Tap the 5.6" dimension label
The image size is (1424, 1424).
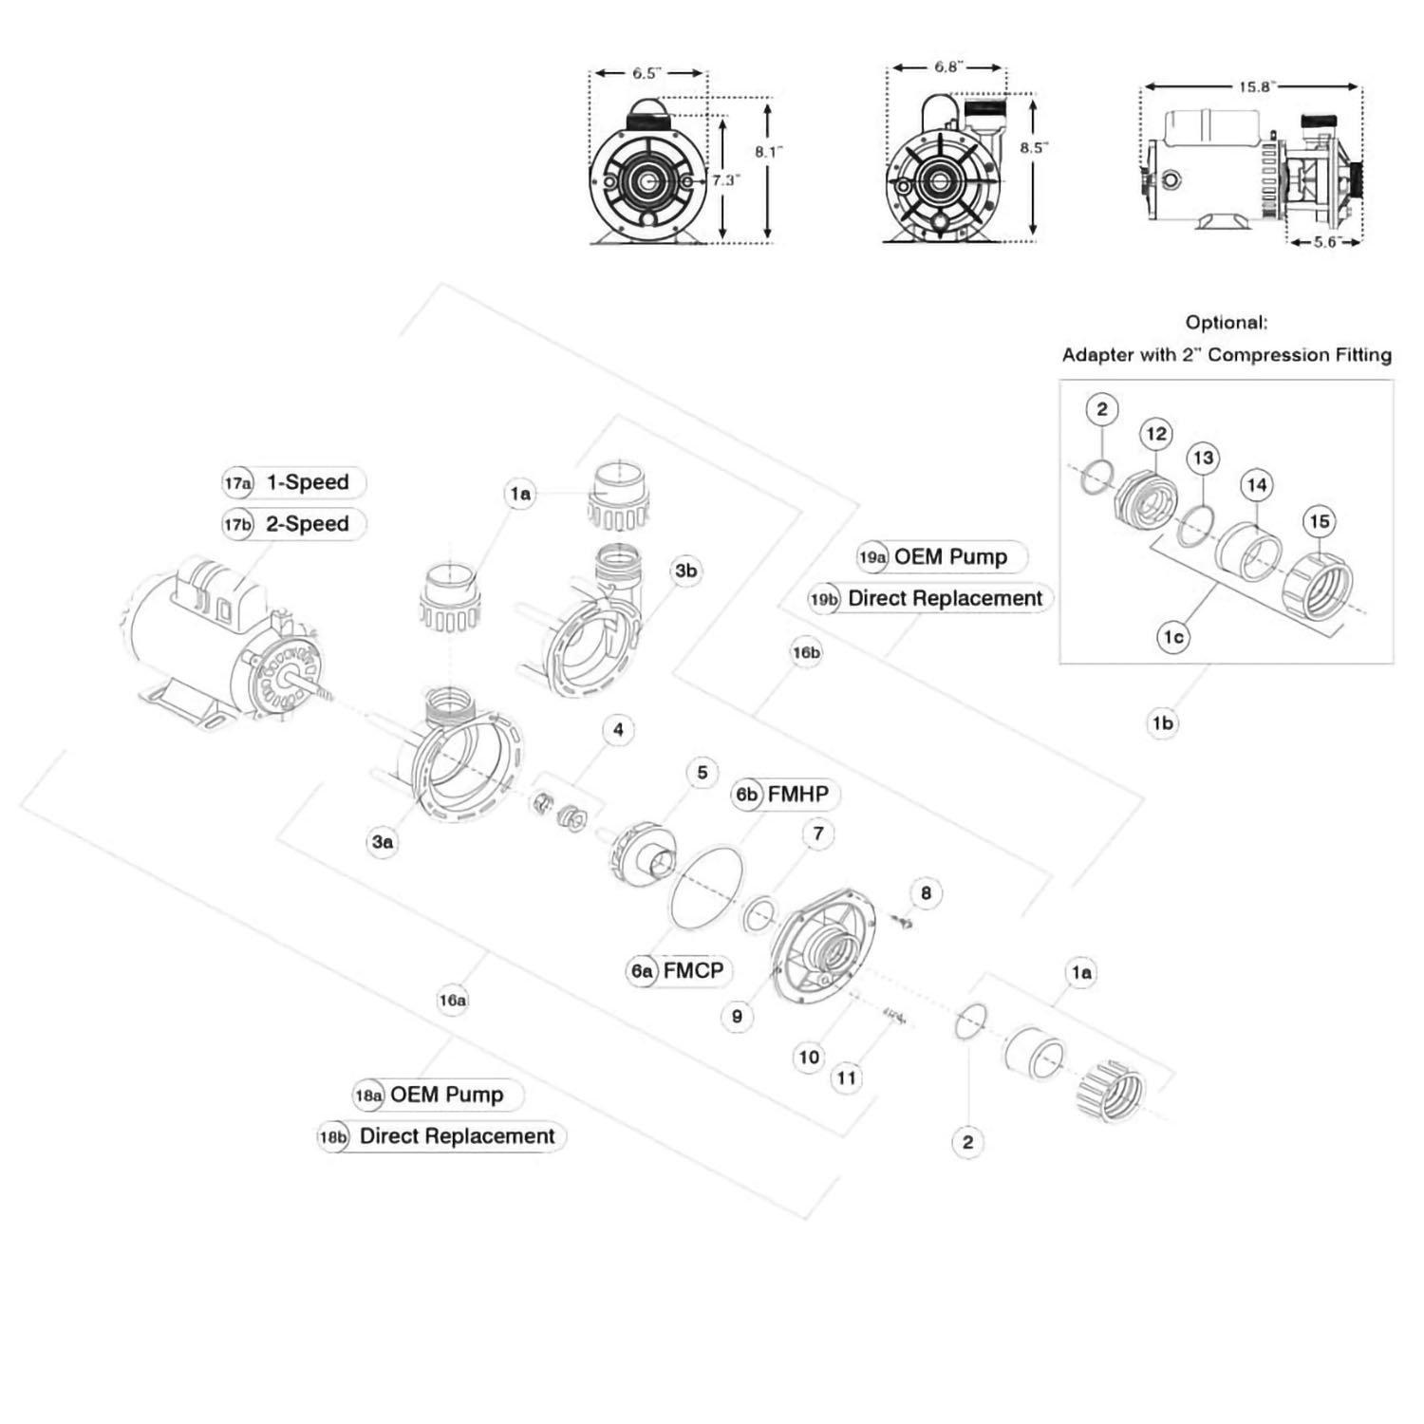click(1324, 242)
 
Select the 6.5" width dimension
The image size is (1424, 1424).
click(646, 73)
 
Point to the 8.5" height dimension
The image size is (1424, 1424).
click(1034, 148)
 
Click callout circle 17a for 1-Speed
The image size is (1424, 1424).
click(237, 483)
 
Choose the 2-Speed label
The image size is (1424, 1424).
click(307, 524)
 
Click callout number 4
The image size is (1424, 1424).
click(618, 730)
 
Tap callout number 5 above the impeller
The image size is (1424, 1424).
click(702, 773)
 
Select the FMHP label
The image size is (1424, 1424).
click(797, 794)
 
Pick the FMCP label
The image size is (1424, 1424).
click(693, 970)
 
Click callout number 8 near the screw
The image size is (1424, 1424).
click(926, 892)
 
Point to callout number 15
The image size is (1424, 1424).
click(1319, 521)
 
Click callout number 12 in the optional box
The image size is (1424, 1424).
click(1155, 435)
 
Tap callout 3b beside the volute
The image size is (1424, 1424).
click(685, 571)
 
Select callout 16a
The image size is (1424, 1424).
click(453, 1000)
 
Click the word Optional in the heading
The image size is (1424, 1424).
click(1226, 323)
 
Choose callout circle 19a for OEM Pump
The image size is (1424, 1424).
click(872, 557)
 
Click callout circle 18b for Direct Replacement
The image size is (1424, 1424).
click(333, 1136)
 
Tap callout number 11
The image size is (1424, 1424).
click(846, 1077)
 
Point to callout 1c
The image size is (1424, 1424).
click(1173, 637)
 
